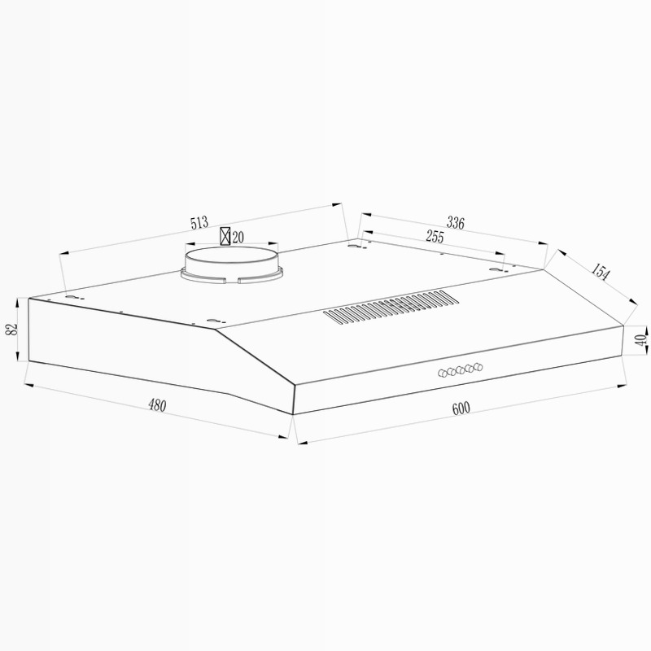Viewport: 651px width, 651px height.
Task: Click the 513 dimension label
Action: [199, 223]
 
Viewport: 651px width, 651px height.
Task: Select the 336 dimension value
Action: [456, 223]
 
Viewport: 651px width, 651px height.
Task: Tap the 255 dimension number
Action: [435, 237]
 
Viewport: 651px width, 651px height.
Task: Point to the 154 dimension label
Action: [601, 272]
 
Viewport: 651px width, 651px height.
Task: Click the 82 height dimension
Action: [12, 330]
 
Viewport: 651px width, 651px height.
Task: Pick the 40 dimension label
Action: [641, 340]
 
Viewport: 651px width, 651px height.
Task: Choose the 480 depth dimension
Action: [157, 405]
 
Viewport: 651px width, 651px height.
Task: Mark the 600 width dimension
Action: [461, 409]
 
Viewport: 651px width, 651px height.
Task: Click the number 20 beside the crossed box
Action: [238, 238]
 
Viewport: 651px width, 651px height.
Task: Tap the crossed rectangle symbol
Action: [225, 236]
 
